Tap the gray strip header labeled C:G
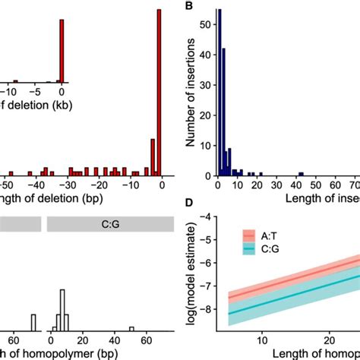(111, 223)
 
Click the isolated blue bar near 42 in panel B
(301, 173)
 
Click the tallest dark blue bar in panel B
(219, 91)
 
